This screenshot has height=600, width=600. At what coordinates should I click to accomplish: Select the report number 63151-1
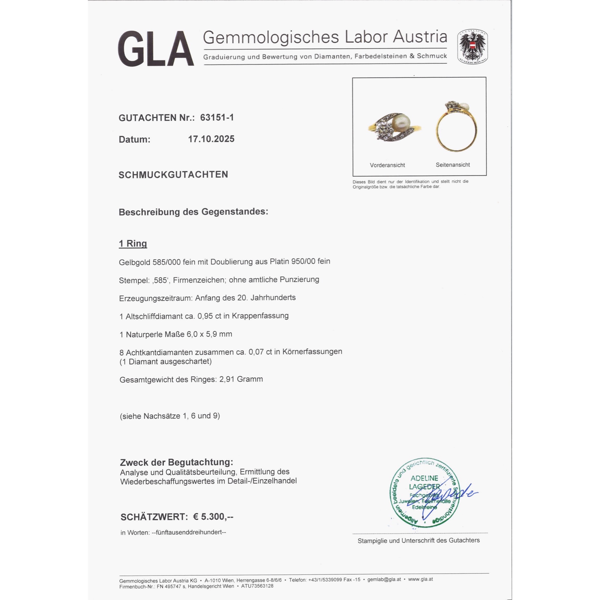(x=217, y=117)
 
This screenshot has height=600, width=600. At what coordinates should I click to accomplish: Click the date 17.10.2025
(x=211, y=139)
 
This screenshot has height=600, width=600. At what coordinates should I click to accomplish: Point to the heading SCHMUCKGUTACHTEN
(x=173, y=175)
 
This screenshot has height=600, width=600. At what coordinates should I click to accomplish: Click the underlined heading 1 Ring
(x=133, y=243)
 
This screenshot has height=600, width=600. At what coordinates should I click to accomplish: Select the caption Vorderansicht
(x=387, y=165)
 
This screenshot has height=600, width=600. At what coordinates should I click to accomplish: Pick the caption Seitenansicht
(x=452, y=165)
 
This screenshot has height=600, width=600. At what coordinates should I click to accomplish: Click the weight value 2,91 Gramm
(x=241, y=379)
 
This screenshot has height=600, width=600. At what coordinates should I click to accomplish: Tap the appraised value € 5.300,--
(x=213, y=517)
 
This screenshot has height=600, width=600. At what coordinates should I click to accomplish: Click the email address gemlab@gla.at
(x=384, y=580)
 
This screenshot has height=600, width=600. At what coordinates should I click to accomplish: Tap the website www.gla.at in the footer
(x=420, y=579)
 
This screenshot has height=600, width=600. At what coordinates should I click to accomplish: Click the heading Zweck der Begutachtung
(x=176, y=462)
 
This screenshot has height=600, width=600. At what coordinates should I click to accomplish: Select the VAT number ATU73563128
(x=257, y=586)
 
